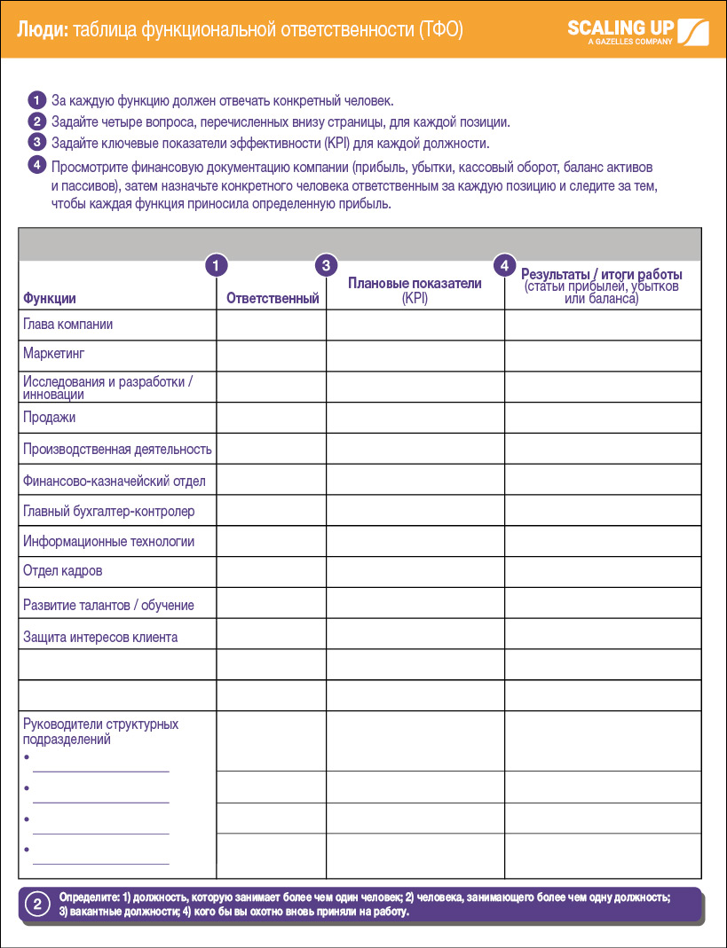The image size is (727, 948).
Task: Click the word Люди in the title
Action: [x=41, y=29]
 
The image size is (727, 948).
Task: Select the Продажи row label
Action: [x=49, y=417]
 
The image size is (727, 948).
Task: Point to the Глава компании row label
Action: [x=67, y=325]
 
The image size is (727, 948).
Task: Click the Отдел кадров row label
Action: [x=62, y=570]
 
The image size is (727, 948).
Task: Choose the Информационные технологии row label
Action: [x=108, y=541]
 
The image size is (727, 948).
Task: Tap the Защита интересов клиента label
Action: [x=100, y=637]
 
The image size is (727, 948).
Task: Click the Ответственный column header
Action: [x=273, y=299]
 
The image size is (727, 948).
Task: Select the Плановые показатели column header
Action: [x=415, y=284]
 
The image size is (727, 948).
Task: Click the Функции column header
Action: [x=50, y=299]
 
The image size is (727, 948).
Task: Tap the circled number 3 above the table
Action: [x=327, y=264]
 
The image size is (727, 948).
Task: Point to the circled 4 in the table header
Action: [x=504, y=264]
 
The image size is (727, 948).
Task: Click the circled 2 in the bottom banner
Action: [x=37, y=905]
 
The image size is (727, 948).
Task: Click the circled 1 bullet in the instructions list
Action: [x=36, y=100]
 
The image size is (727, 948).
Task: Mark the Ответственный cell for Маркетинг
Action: [x=271, y=355]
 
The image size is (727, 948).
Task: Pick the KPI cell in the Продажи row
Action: [x=415, y=417]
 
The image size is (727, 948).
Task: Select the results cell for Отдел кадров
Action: [x=603, y=571]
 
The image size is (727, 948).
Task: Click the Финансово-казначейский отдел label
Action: [x=114, y=482]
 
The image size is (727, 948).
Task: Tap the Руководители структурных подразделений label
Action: [x=100, y=732]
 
